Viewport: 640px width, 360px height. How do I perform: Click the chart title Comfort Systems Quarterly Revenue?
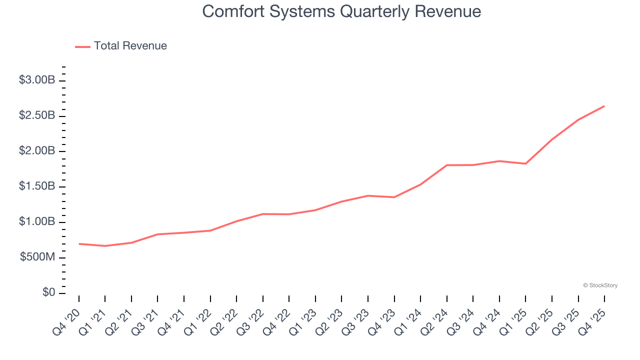point(341,11)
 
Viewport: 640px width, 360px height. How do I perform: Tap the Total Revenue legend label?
point(130,46)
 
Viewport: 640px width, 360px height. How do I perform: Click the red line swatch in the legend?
point(82,46)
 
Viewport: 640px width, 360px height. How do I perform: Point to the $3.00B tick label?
point(37,80)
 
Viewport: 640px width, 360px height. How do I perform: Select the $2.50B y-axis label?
point(37,115)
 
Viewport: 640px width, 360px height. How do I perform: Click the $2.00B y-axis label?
point(37,151)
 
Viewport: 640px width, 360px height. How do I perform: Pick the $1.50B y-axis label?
point(37,186)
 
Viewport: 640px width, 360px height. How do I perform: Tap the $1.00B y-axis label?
point(37,222)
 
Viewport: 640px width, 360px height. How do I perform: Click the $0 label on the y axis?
point(49,293)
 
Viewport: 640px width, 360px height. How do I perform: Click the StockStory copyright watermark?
point(600,285)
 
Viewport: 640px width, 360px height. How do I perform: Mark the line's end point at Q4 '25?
point(604,106)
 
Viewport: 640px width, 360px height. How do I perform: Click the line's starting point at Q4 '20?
point(79,243)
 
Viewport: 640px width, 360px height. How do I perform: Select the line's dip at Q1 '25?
point(525,163)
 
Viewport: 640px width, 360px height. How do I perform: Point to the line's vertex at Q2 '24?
point(446,165)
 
